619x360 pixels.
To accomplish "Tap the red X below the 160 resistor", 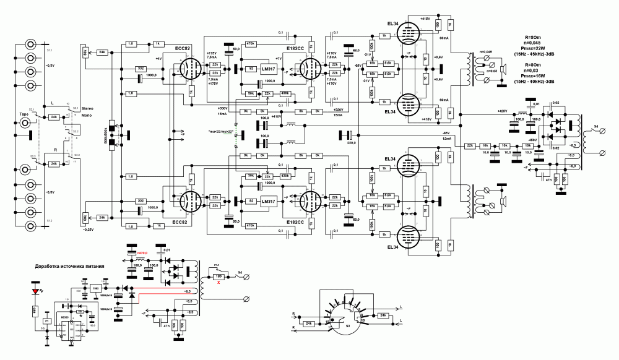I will point(218,283).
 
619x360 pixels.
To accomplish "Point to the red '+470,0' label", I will point(144,254).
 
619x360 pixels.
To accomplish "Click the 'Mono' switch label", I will point(90,115).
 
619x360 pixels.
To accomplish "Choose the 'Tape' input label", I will point(24,114).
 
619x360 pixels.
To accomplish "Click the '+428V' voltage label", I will point(501,111).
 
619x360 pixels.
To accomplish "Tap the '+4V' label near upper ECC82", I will point(158,58).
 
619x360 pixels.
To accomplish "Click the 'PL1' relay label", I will point(217,264).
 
